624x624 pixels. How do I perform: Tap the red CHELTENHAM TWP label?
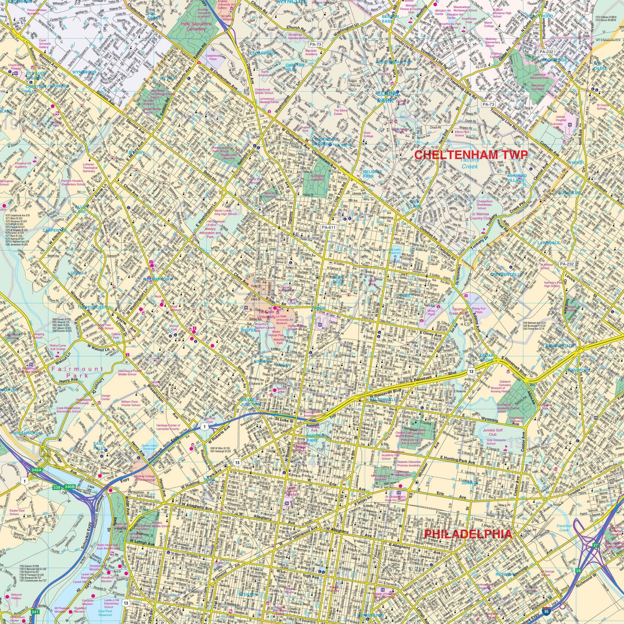[471, 154]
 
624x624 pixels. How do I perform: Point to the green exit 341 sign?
[35, 612]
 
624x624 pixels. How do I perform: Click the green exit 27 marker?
[596, 545]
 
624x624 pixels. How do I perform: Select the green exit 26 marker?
[578, 571]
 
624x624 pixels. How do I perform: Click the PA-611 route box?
[328, 227]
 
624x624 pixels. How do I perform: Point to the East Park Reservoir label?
[105, 614]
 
